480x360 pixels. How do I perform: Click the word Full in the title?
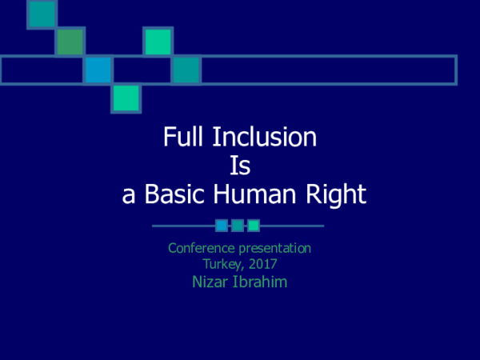pos(182,138)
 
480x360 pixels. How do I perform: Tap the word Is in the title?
pos(241,166)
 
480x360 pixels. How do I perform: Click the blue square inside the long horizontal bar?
pos(98,70)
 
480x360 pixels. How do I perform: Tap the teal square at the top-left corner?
pos(42,14)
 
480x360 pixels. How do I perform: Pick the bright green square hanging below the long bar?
pos(126,98)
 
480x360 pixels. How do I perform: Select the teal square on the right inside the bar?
pos(186,70)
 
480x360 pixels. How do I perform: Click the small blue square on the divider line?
pos(222,226)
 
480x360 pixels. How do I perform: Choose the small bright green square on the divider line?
pos(254,226)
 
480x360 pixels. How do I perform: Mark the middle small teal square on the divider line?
pos(238,226)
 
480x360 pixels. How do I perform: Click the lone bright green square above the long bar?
pos(158,42)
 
